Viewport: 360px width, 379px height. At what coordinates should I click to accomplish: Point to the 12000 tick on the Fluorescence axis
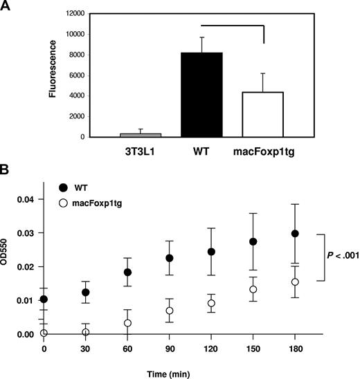tap(89, 13)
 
